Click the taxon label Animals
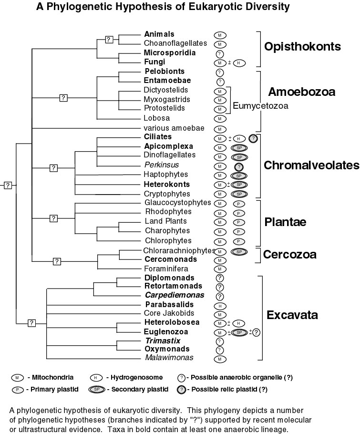(159, 34)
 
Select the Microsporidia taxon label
(169, 52)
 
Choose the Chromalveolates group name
(311, 165)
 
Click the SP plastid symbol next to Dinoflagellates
(239, 156)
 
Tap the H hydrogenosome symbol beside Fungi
(239, 62)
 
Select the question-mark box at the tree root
(8, 185)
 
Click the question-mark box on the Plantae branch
(53, 218)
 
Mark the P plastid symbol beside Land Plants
(239, 222)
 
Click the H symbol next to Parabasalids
(220, 305)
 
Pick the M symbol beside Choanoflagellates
(220, 44)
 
